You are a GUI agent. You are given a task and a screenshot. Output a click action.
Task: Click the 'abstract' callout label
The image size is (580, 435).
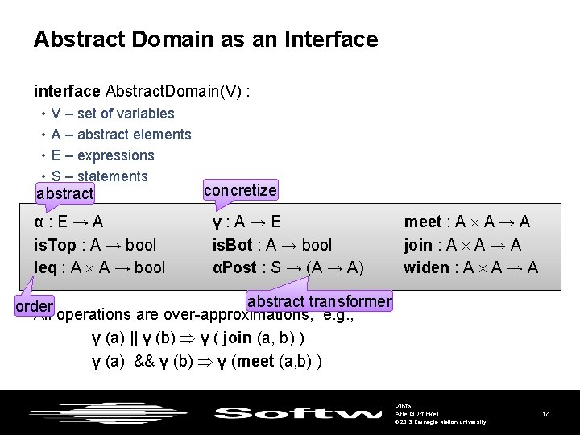pos(65,193)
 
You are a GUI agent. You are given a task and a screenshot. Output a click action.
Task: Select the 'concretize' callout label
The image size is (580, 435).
pos(240,190)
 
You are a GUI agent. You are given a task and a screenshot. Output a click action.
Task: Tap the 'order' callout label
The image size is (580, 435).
pos(34,306)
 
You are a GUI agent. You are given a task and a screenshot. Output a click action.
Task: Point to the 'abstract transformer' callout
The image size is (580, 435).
pos(319,301)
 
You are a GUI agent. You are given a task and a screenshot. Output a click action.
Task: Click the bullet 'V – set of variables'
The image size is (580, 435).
pos(112,114)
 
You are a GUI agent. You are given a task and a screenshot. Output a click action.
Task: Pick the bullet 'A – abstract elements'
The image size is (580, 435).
pos(121,135)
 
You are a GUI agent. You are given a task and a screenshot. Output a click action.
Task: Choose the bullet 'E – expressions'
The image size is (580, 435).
pos(102,155)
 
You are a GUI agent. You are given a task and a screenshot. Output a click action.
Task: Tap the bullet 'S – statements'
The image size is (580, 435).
pos(99,176)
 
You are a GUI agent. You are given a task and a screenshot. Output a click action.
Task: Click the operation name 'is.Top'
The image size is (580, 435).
pos(55,245)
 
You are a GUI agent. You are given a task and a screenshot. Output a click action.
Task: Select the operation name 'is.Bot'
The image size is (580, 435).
pos(233,245)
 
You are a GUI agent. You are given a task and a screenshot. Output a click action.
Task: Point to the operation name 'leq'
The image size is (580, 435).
pos(45,267)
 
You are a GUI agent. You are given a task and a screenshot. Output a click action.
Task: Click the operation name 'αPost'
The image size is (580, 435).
pos(233,267)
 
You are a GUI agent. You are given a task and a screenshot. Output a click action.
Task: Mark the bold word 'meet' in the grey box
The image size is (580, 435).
pos(422,222)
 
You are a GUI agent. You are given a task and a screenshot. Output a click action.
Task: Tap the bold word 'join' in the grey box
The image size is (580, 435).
pos(417,245)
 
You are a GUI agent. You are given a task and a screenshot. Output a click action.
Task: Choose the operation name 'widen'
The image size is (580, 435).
pos(426,267)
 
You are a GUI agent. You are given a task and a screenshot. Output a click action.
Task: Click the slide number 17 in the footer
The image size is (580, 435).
pos(545,413)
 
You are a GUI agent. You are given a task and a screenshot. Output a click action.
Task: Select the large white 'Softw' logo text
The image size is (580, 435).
pos(298,414)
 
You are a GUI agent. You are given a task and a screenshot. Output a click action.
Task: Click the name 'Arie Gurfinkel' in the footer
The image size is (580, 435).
pos(416,412)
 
